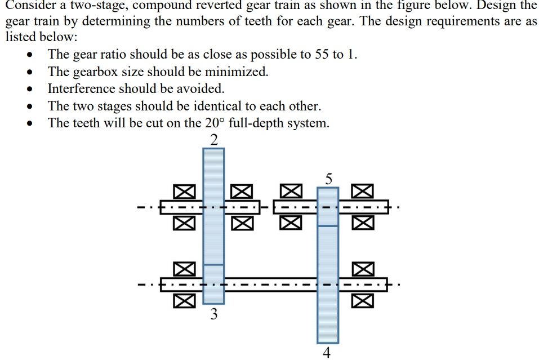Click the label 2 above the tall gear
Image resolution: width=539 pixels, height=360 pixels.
(213, 140)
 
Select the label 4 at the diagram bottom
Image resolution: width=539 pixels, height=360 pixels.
(327, 353)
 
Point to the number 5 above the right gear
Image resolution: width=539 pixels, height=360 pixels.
(329, 179)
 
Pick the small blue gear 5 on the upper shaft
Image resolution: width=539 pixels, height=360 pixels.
(328, 206)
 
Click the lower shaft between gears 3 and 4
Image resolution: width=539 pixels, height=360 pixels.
(270, 284)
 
